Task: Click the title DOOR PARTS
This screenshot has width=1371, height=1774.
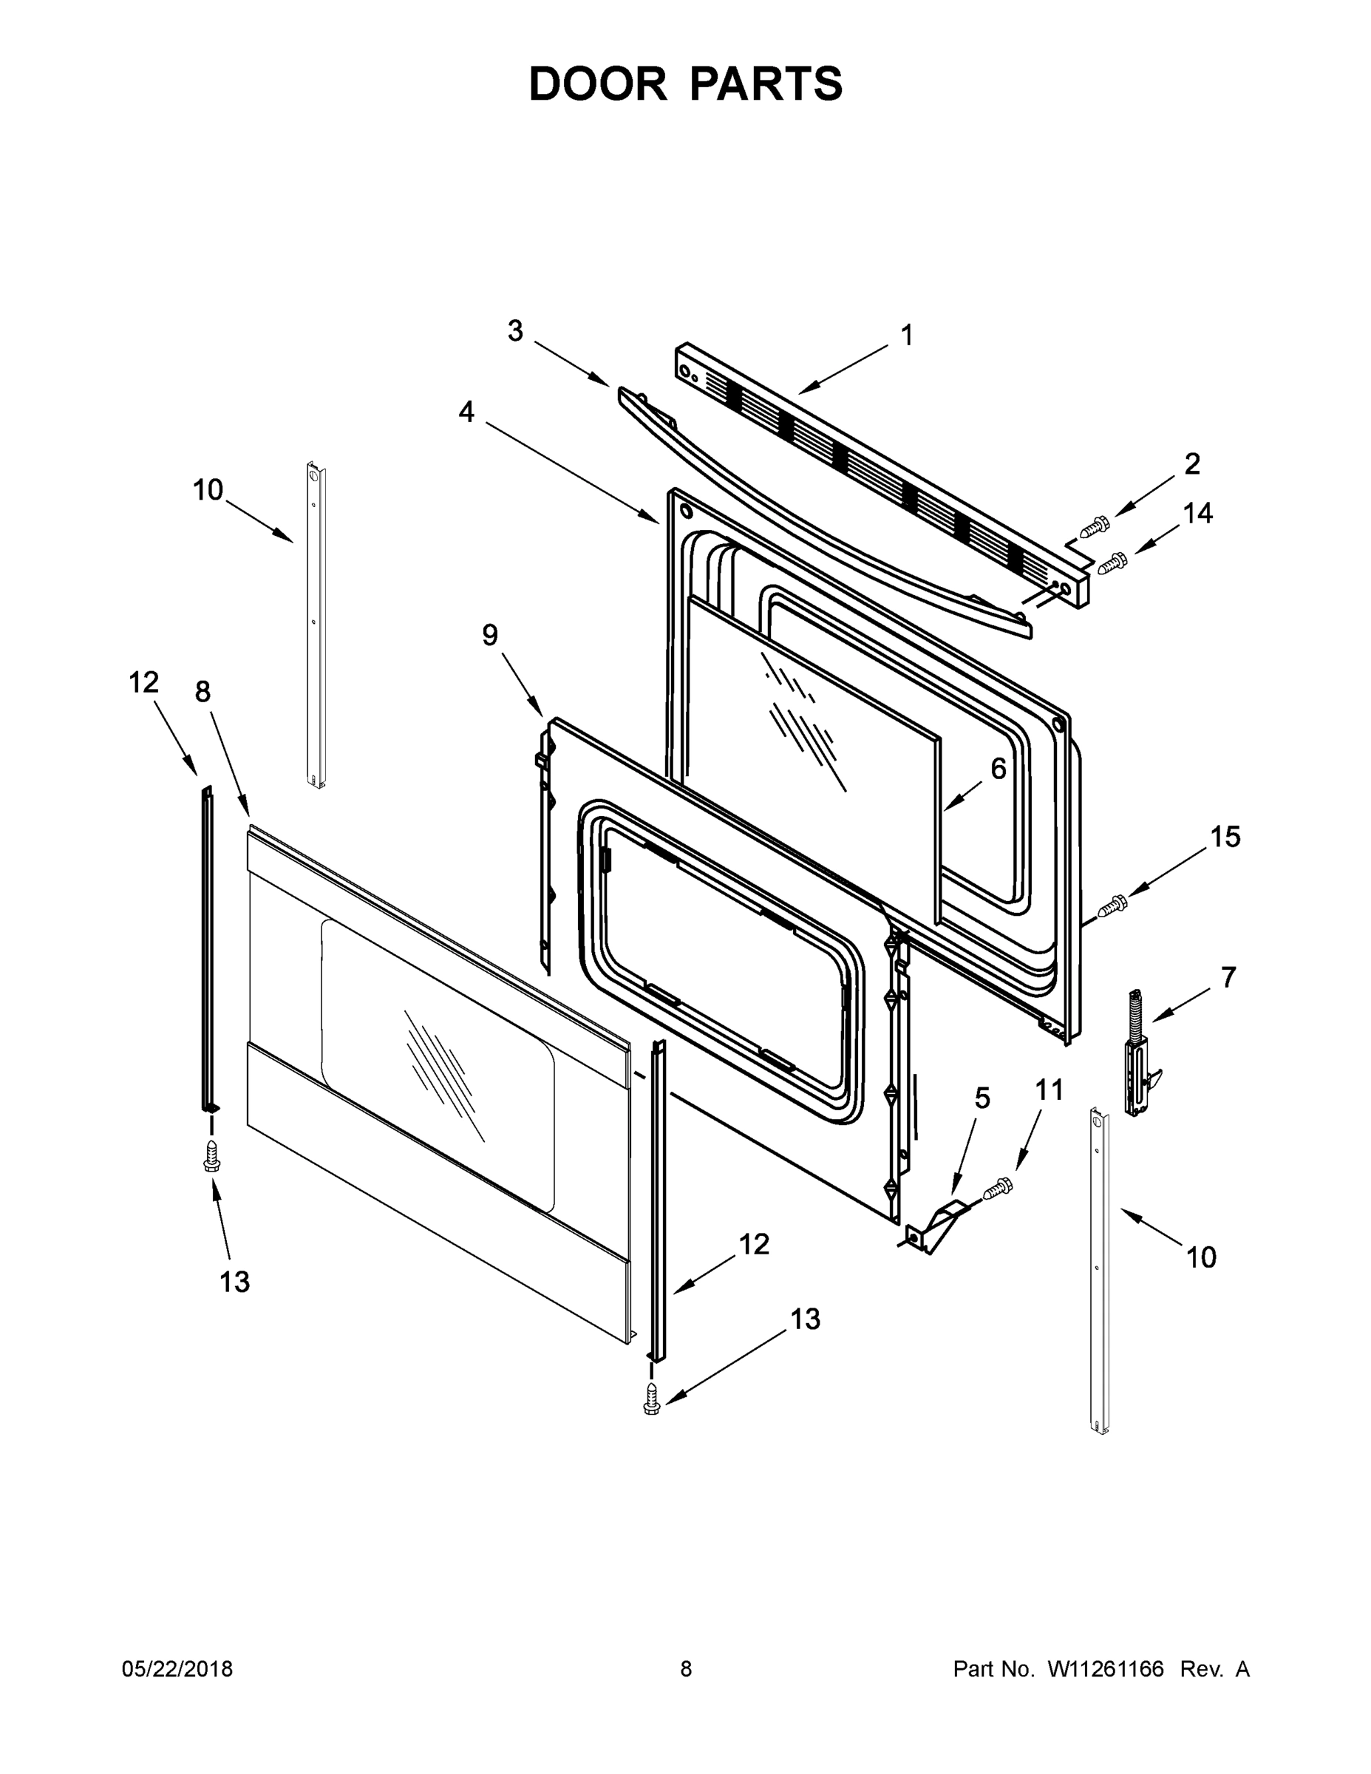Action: [686, 84]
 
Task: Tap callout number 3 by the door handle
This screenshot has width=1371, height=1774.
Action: [515, 330]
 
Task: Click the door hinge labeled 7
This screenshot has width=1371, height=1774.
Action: [1137, 1053]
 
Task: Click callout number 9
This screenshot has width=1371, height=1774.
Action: [490, 634]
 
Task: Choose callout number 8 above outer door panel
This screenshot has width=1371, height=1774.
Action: [203, 691]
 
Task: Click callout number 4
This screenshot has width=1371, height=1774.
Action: [466, 412]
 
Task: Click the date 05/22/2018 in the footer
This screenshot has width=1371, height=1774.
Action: [177, 1668]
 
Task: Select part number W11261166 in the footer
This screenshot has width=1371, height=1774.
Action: [1106, 1668]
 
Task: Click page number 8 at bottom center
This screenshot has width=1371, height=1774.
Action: [686, 1668]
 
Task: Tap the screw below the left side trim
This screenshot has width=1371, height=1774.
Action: [211, 1157]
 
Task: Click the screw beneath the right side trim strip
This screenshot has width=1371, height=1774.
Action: [651, 1399]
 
